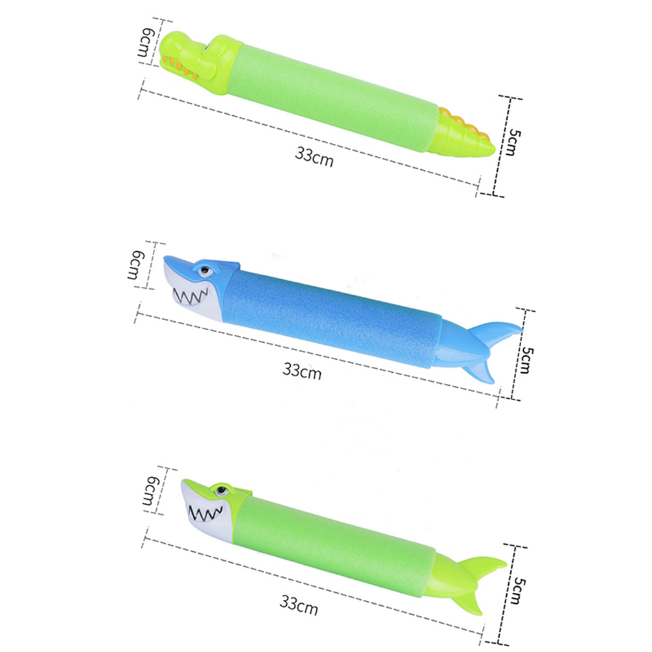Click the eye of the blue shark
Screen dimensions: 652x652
point(205,271)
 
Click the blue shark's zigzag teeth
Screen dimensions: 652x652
point(191,295)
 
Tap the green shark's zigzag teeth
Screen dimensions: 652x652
point(206,514)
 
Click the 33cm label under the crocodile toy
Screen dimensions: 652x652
point(314,157)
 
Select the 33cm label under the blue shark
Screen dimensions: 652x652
point(303,370)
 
